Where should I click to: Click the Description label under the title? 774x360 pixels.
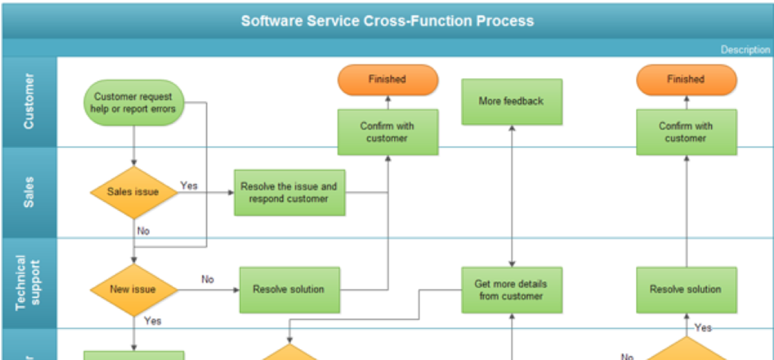(746, 50)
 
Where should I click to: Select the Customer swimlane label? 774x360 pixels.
(29, 102)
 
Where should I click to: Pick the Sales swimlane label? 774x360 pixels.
(29, 192)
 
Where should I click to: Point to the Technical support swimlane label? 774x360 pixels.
(29, 283)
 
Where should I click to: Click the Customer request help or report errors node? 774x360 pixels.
(134, 102)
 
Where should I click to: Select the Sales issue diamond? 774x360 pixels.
(134, 192)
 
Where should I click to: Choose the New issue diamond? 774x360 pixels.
(133, 290)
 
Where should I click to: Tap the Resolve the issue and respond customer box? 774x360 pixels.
(289, 193)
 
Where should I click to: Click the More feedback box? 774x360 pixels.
(511, 101)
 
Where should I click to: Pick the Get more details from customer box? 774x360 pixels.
(511, 290)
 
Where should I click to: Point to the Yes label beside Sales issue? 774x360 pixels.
(189, 186)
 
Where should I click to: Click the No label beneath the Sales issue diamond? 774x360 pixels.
(144, 231)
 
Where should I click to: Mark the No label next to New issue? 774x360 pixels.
(208, 279)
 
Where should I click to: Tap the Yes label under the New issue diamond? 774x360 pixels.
(153, 321)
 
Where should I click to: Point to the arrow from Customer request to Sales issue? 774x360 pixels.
(134, 146)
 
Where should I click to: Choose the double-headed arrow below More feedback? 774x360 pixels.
(512, 196)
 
